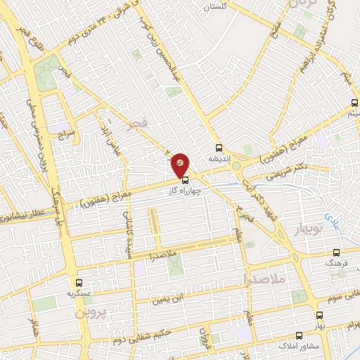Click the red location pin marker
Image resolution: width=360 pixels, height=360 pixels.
point(181,164)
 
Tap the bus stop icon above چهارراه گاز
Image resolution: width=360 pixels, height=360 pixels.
point(185,179)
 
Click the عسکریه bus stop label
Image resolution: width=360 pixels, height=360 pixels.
point(79,292)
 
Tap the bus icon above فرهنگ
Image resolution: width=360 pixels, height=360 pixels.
point(336,252)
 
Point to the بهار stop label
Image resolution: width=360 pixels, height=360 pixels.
point(320,326)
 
